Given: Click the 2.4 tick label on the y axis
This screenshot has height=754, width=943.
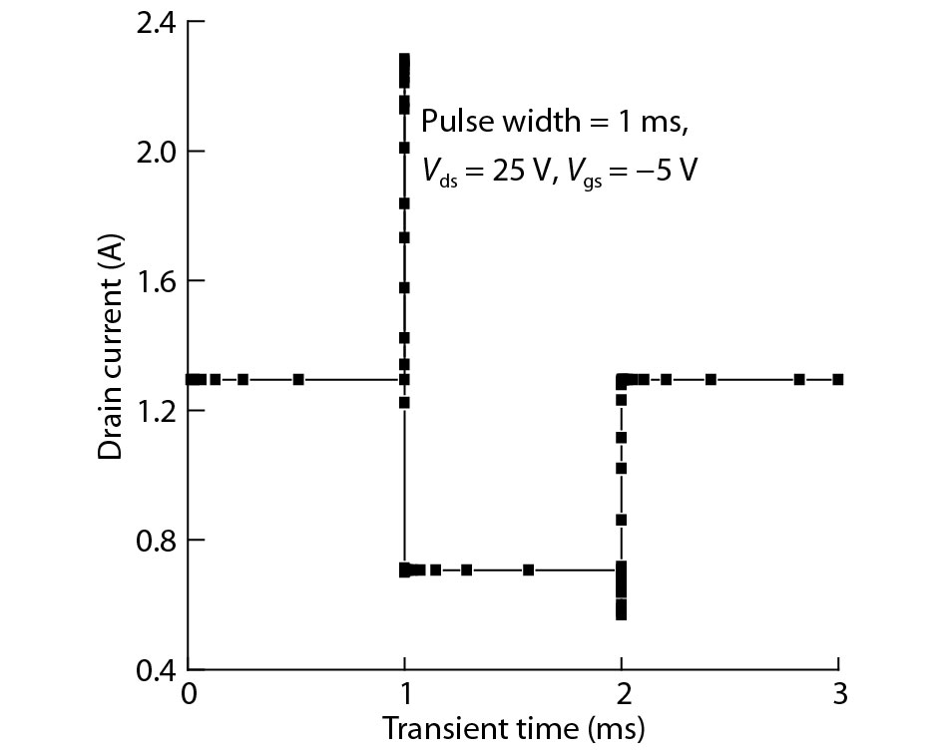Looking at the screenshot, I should (156, 22).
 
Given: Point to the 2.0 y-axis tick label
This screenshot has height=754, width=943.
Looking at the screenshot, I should (156, 152).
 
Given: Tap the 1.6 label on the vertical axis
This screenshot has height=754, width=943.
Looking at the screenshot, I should (156, 281).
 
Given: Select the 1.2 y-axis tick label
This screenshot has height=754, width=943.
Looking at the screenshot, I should (156, 411).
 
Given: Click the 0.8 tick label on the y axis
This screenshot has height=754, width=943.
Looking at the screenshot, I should (156, 541).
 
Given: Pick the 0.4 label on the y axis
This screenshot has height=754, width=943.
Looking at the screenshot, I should (156, 669).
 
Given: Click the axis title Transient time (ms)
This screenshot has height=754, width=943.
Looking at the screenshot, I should (513, 726).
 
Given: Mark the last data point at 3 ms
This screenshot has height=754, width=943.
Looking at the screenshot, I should (838, 379).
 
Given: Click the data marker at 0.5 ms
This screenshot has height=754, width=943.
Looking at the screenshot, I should (298, 379).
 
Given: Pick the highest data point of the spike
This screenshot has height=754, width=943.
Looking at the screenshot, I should (404, 60).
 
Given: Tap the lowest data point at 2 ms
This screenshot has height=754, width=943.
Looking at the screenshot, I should (621, 614).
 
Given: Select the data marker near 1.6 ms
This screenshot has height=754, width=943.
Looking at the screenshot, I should (529, 569).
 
